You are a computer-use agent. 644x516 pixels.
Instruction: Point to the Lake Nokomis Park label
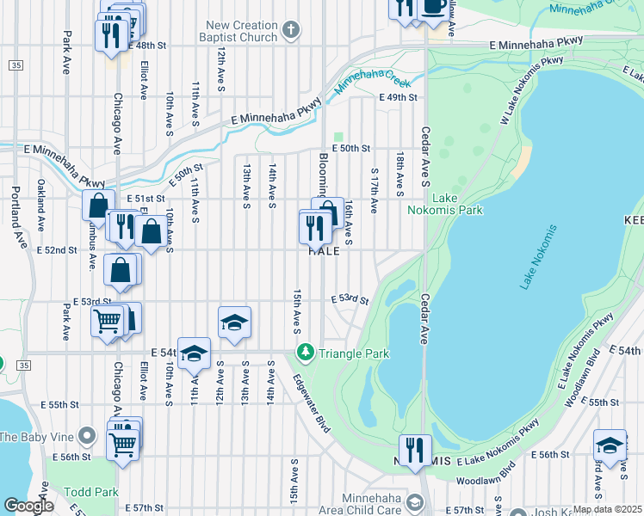click(x=457, y=204)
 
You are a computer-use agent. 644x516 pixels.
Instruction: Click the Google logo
click(x=28, y=505)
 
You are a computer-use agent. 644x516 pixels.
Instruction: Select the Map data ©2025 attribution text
click(x=607, y=509)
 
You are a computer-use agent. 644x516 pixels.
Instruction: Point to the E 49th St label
click(x=399, y=98)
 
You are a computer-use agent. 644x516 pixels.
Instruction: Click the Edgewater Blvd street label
click(x=311, y=403)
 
